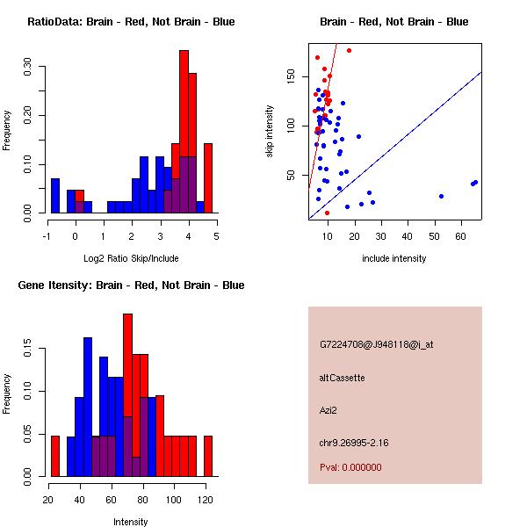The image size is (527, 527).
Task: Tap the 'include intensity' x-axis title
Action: pos(394,258)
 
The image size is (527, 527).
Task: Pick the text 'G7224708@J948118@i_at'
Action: pos(377,344)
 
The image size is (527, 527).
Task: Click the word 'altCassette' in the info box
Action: pos(343,378)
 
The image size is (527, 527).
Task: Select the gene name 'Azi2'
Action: pos(329,409)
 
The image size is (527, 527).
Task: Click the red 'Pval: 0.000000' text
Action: pos(350,467)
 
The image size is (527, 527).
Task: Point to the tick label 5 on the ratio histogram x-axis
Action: pos(215,235)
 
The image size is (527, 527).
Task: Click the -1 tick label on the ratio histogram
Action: pos(47,235)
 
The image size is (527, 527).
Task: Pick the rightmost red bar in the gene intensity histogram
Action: pos(208,456)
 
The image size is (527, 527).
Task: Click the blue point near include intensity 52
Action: pos(441,196)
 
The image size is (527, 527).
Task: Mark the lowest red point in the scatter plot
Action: pos(328,213)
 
